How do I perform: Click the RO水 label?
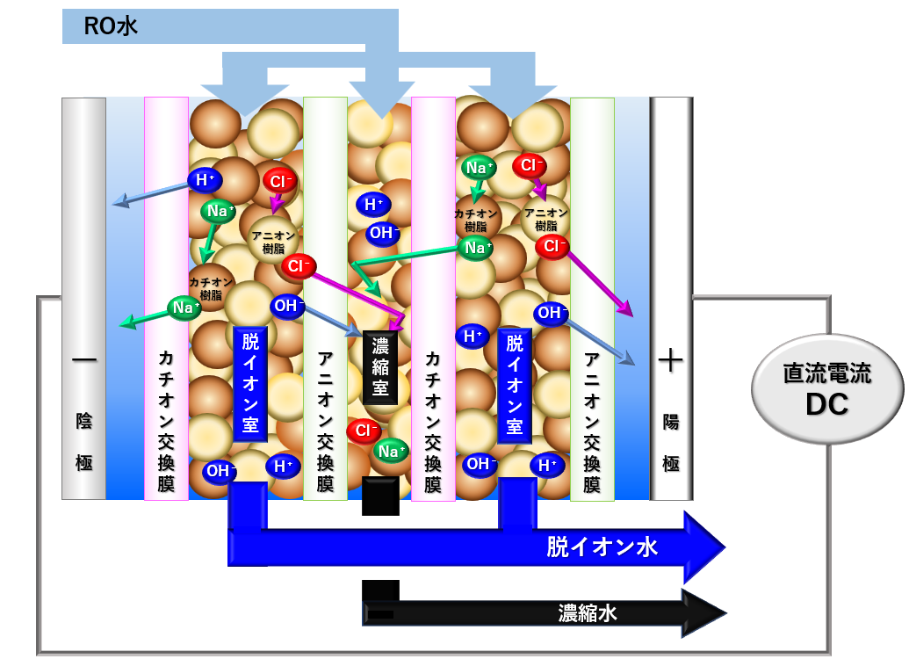pyautogui.click(x=111, y=26)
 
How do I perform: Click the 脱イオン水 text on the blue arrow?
pyautogui.click(x=602, y=548)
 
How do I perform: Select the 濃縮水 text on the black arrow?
pyautogui.click(x=587, y=612)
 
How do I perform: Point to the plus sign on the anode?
pyautogui.click(x=670, y=361)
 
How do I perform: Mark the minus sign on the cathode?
pyautogui.click(x=83, y=361)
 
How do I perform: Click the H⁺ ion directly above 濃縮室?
pyautogui.click(x=373, y=206)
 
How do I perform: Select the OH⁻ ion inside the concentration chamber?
pyautogui.click(x=383, y=234)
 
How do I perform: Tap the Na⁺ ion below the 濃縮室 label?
pyautogui.click(x=391, y=451)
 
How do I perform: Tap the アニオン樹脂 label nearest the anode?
pyautogui.click(x=545, y=218)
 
